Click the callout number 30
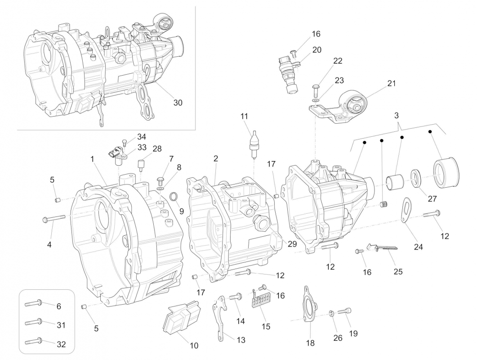(x=178, y=103)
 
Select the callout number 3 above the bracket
(x=397, y=116)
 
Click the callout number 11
(x=244, y=117)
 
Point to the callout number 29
(x=292, y=244)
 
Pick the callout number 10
(x=194, y=346)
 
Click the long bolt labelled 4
(x=54, y=218)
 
